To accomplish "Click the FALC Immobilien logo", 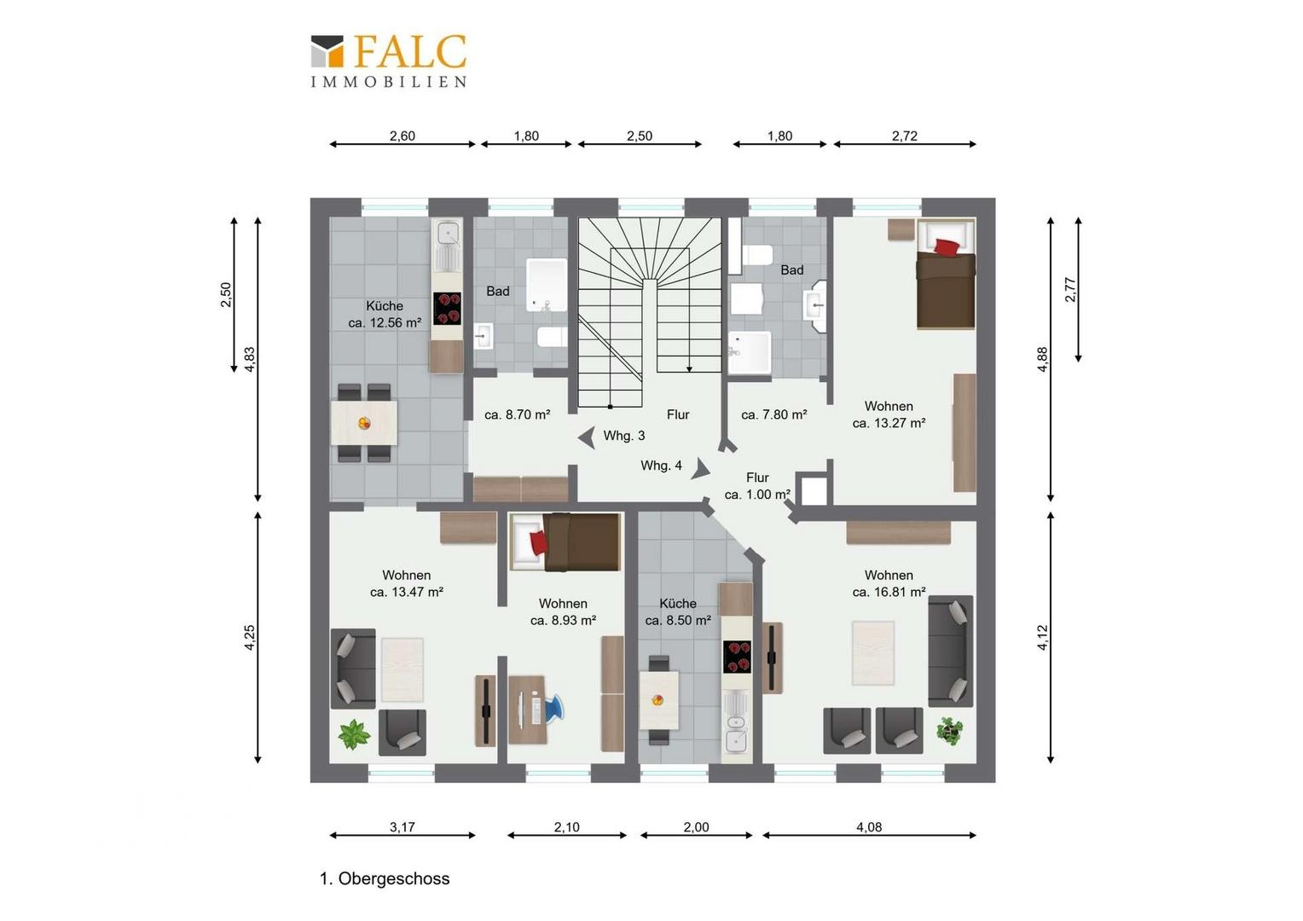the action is click(389, 61).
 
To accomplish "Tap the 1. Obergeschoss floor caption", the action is click(385, 878).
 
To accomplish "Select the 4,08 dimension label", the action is click(868, 826).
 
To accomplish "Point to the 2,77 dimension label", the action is click(1070, 289).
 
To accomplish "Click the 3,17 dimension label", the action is click(402, 826).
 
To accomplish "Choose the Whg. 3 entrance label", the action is click(623, 435).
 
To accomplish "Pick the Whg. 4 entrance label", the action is click(661, 466).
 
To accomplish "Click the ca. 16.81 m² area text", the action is click(889, 592).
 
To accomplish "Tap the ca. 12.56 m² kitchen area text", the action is click(385, 322).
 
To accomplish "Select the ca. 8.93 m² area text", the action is click(563, 620).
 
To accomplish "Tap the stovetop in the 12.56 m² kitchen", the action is click(447, 309).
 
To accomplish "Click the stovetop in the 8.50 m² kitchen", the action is click(737, 657).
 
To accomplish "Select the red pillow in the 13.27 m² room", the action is click(947, 246).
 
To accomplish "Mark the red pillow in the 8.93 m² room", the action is click(539, 543).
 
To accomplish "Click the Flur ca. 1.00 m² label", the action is click(757, 486).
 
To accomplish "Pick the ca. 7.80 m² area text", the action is click(773, 414).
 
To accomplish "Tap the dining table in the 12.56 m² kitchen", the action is click(364, 423).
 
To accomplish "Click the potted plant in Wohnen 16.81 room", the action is click(949, 730).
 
